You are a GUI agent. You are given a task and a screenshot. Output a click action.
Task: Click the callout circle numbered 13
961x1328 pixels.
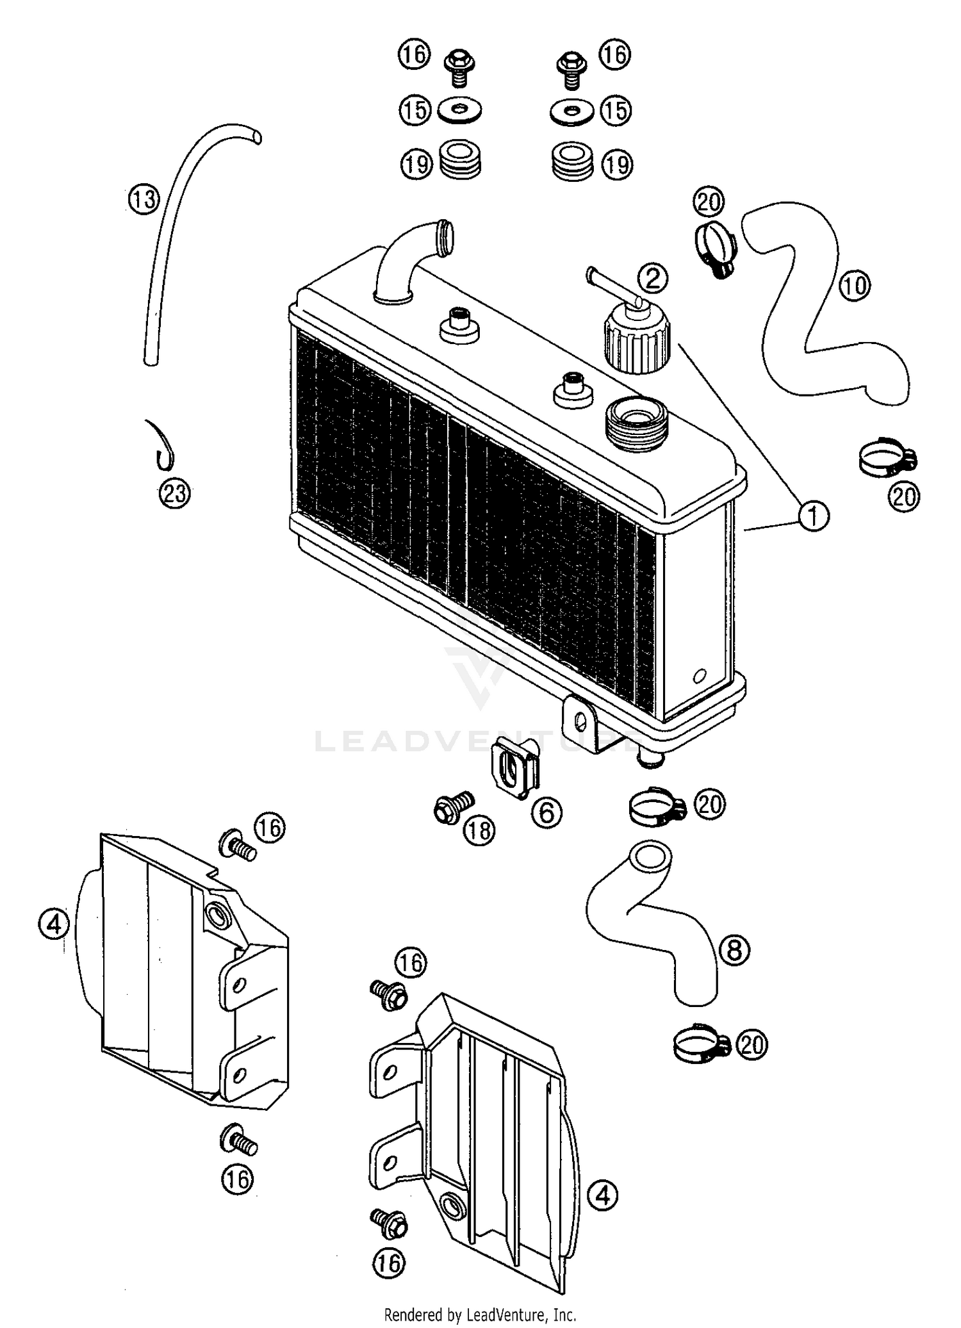pos(144,199)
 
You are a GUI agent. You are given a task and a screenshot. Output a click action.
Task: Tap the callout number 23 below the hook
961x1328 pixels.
pos(175,494)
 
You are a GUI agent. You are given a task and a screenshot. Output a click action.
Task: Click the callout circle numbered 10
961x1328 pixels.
pos(855,285)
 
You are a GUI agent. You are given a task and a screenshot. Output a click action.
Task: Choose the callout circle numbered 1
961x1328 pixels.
pos(813,516)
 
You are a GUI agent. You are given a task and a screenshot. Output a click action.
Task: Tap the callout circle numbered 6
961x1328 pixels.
pos(546,812)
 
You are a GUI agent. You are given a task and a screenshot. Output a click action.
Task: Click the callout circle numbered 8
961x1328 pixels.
pos(735,949)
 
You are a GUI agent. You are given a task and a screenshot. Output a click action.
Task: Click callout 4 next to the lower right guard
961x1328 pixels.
pos(602,1195)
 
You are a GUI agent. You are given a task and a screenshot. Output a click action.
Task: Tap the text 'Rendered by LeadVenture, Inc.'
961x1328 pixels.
pos(480,1315)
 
